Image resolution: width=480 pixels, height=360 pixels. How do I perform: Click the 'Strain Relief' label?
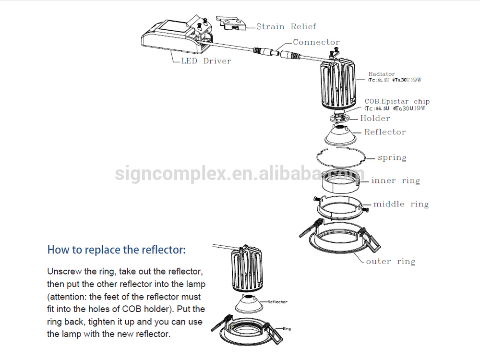click(x=286, y=27)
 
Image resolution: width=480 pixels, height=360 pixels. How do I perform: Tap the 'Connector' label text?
click(x=316, y=42)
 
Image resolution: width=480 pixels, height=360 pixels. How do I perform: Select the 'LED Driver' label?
click(x=206, y=61)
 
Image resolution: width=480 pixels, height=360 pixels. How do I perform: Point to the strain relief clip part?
click(x=231, y=24)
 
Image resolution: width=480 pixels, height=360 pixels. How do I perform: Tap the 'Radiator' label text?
click(x=382, y=74)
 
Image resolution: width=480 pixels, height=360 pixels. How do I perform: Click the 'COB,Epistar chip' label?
click(x=397, y=101)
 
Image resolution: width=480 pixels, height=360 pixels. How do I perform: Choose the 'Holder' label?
click(x=375, y=119)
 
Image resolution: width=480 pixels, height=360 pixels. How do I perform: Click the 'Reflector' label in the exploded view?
click(x=384, y=132)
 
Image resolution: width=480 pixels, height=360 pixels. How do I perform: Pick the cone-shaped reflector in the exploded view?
click(x=341, y=134)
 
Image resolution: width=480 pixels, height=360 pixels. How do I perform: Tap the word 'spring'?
click(x=392, y=157)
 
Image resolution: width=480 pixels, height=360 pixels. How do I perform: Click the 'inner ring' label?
click(x=396, y=181)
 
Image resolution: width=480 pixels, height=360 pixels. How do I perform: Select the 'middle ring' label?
click(x=401, y=204)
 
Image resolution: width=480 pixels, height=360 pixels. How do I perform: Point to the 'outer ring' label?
click(x=390, y=262)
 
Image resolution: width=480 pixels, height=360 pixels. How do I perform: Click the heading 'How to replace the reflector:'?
click(x=116, y=250)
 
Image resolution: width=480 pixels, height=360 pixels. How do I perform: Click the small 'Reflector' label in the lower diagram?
click(x=277, y=302)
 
